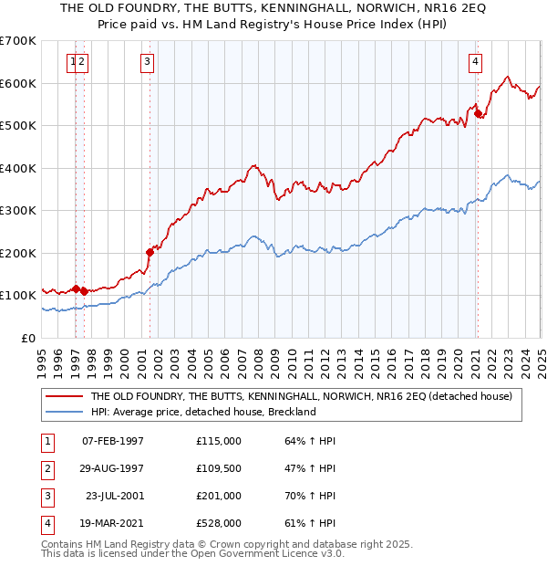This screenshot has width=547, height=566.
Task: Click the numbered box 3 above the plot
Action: click(x=147, y=62)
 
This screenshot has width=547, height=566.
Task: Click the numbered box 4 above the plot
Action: click(x=476, y=62)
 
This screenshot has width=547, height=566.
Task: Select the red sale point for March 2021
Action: click(x=478, y=113)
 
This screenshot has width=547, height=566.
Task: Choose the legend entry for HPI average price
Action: click(x=202, y=412)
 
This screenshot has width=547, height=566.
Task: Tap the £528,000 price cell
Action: click(x=219, y=523)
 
